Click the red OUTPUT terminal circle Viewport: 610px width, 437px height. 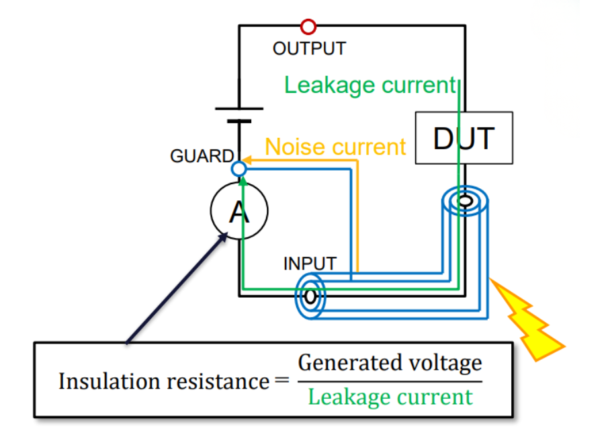coord(308,27)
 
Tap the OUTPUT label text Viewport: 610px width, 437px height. coord(309,48)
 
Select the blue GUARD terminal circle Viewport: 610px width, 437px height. coord(239,169)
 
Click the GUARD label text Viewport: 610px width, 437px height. coord(201,157)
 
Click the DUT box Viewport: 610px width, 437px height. coord(464,138)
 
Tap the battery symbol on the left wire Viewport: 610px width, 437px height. coord(239,114)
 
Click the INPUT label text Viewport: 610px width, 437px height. coord(309,263)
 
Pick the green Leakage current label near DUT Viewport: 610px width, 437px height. coord(370,85)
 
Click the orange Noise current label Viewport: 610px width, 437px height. coord(336,147)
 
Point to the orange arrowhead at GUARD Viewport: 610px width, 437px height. coord(247,160)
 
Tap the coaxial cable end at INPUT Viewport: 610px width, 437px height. coord(310,296)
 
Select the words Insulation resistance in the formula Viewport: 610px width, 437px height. coord(164,381)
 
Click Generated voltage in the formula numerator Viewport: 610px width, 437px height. coord(390,363)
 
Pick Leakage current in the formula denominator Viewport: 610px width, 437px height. coord(390,397)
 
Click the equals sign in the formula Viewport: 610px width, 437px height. coord(281,381)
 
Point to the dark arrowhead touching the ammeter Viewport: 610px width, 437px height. coord(226,237)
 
